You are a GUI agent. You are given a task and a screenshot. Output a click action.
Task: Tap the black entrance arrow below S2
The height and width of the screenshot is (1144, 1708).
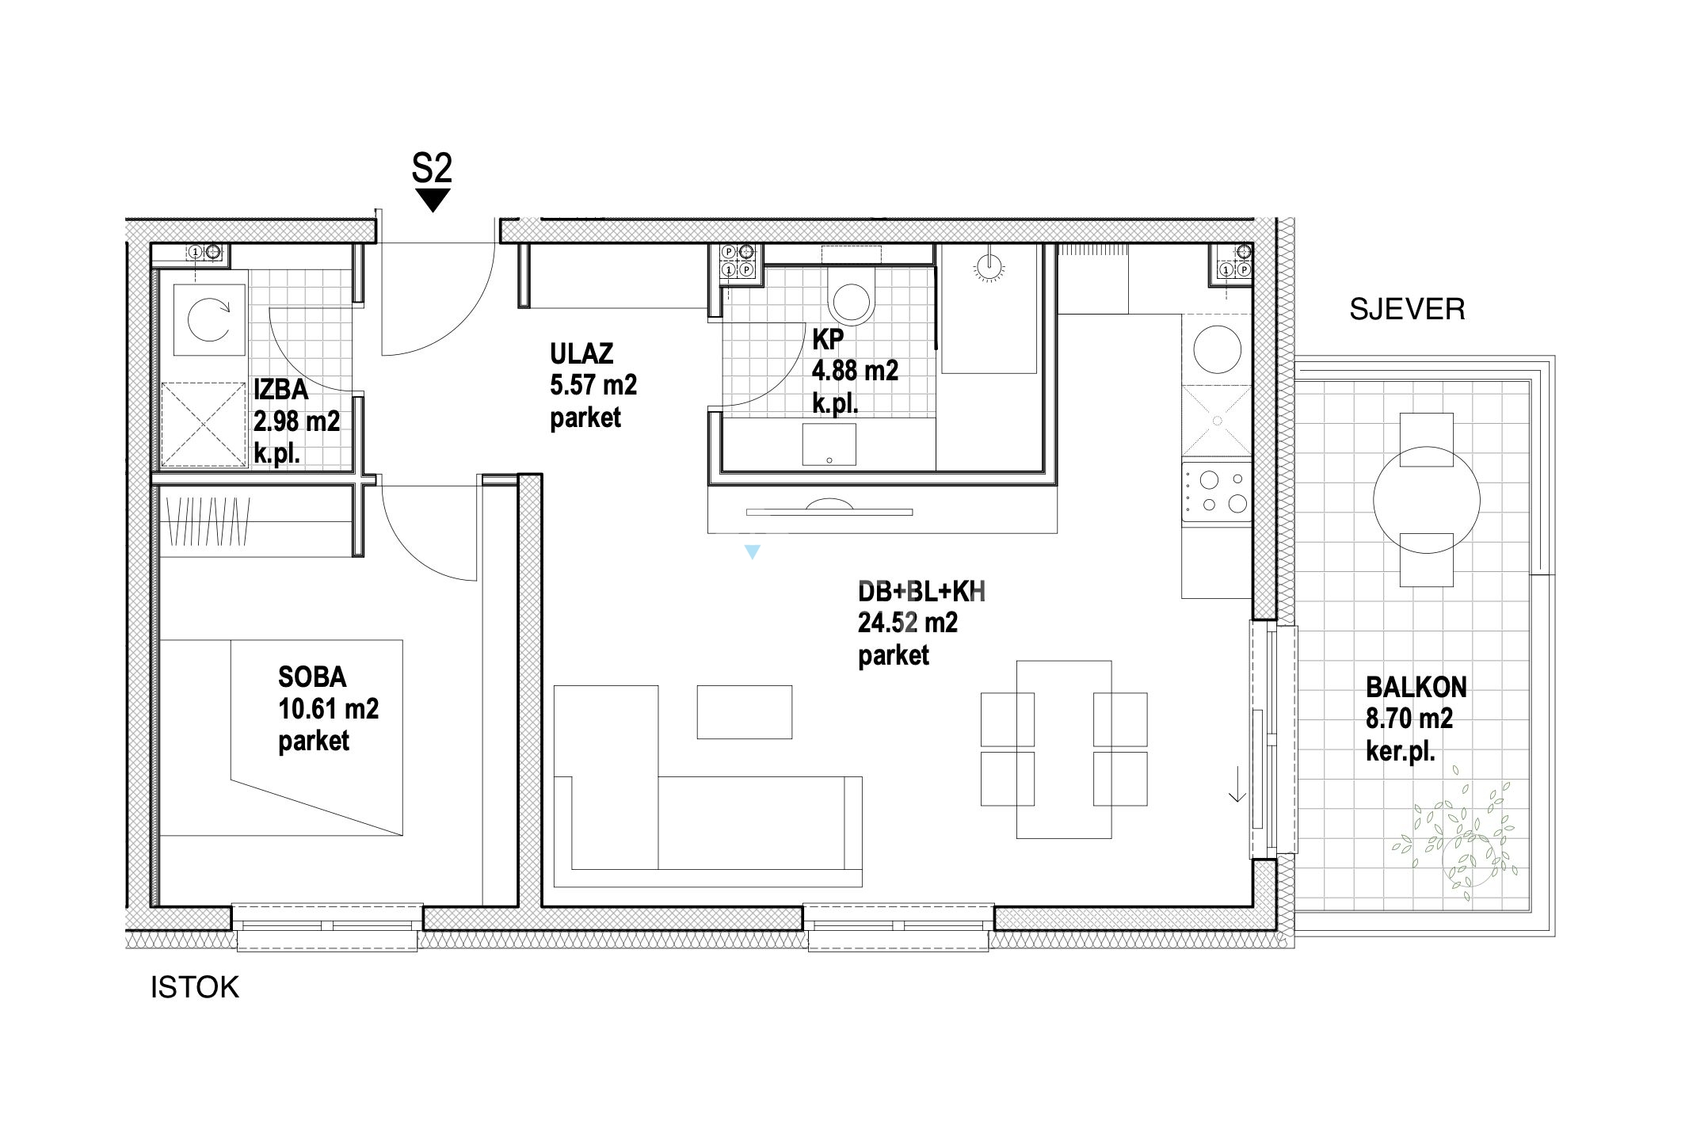[x=433, y=200]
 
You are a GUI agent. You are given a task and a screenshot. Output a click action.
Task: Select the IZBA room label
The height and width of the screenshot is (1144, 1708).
[x=281, y=390]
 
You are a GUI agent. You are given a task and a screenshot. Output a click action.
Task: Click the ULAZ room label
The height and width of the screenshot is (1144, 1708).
[x=581, y=353]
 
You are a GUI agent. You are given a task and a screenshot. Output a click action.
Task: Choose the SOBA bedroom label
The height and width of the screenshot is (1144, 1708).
[x=312, y=677]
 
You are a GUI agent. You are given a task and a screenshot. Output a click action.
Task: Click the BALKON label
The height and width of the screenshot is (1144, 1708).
[x=1416, y=687]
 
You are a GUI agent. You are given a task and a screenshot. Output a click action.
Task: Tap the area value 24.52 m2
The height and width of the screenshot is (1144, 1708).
[x=908, y=623]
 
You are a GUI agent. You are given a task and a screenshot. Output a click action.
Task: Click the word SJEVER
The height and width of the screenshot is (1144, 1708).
[x=1407, y=309]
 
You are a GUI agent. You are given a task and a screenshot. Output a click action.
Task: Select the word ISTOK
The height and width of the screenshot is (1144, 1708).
[x=195, y=988]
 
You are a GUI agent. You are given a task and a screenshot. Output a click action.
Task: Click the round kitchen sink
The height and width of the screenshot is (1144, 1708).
[x=1218, y=351]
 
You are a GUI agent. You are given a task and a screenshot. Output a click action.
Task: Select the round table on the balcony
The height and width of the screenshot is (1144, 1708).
[x=1426, y=500]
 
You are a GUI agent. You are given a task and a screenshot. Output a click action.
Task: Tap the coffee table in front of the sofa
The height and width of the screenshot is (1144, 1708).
[x=744, y=712]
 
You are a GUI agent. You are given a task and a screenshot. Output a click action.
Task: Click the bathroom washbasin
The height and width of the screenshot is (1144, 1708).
[x=829, y=444]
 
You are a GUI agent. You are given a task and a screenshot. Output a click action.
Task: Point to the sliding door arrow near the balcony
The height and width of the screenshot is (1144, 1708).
[x=1237, y=785]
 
